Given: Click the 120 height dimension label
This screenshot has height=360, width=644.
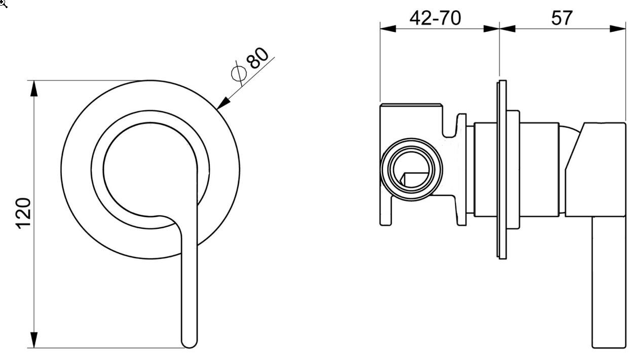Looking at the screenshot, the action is tap(23, 213).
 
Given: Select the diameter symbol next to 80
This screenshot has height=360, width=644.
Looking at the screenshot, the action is tap(239, 73).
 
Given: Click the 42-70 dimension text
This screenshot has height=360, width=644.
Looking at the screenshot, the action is tap(435, 18).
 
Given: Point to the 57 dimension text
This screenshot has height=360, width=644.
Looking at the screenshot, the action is tap(562, 18).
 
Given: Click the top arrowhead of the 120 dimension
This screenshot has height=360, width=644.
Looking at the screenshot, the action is tap(34, 89).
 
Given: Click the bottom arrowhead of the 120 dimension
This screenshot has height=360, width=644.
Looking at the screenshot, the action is tap(34, 340).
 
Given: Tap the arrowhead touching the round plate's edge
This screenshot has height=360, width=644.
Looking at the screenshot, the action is tap(223, 103).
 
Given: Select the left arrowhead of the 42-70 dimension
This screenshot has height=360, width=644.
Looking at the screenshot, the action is tap(388, 29).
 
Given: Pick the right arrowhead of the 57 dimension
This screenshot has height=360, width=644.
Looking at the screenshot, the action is tap(618, 29).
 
